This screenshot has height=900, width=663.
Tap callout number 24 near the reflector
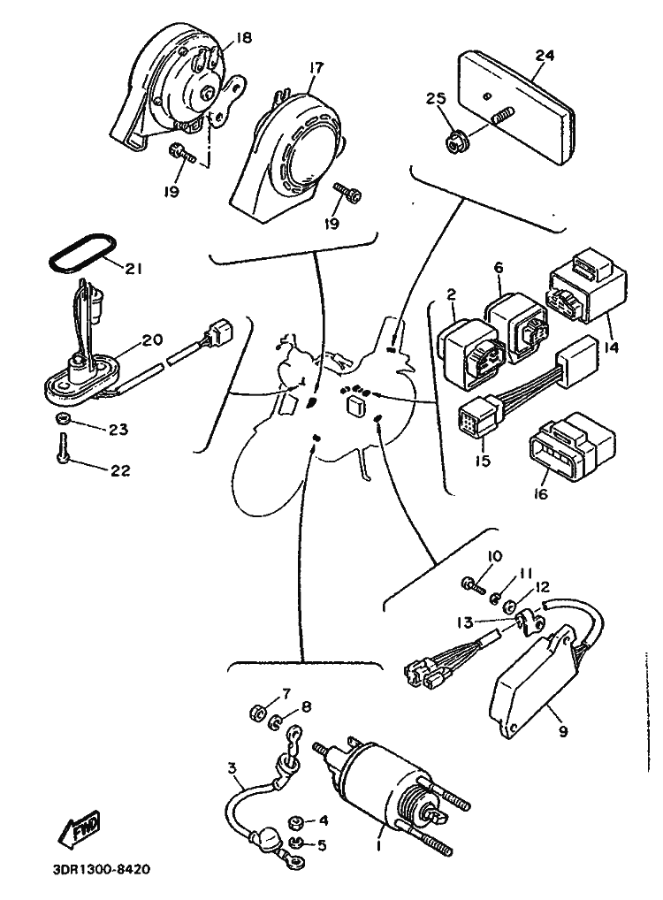coord(545,56)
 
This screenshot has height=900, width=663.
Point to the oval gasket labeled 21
coord(81,251)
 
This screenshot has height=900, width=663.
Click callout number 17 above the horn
coord(316,68)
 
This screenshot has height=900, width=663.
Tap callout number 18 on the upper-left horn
coord(243,38)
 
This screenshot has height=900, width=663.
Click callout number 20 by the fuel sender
coord(151,339)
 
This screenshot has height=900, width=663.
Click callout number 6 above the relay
coord(498,268)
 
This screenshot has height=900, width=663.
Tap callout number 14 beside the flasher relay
coord(611,347)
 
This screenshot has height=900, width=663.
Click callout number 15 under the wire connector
coord(484,461)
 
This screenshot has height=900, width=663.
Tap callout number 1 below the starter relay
coord(379,845)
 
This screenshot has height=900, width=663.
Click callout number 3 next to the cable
coord(232,767)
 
